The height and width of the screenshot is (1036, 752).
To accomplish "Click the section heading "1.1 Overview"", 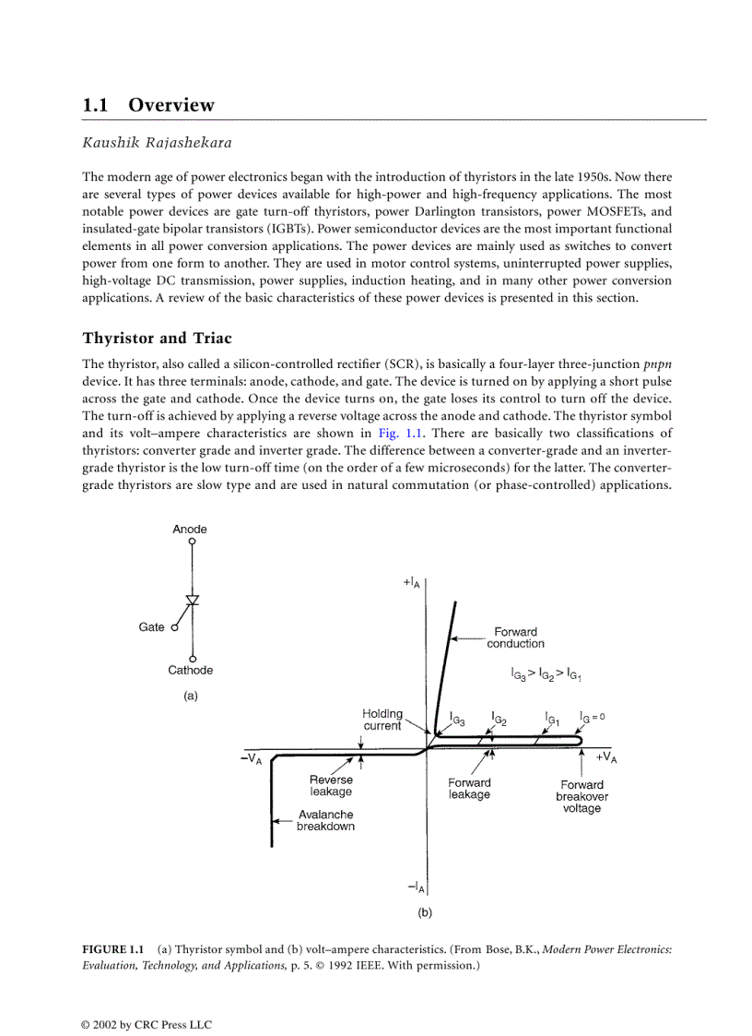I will pos(148,105).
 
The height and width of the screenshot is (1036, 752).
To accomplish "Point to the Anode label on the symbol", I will pos(190,530).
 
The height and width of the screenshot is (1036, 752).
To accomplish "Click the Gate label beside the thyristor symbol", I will pos(151,627).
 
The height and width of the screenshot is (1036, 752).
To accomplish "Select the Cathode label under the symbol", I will pos(190,671).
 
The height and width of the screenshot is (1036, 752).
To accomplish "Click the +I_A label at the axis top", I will pos(413,582).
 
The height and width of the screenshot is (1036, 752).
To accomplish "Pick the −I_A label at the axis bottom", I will pos(416,887).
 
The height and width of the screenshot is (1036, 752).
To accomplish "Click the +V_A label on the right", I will pos(605,757).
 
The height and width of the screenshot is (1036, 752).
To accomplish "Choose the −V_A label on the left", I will pos(251,758).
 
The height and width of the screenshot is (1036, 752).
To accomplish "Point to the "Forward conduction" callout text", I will pos(515,637).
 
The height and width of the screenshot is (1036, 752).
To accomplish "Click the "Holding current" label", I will pos(382,720).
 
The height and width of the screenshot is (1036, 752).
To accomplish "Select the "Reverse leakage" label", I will pos(331,785).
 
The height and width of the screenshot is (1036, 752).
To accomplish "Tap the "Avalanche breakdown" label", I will pos(325,820).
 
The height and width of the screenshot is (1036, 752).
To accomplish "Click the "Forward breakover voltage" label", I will pos(582,796).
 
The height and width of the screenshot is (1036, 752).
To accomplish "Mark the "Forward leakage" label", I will pos(469,789).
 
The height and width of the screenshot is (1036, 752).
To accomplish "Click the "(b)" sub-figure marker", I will pos(425,912).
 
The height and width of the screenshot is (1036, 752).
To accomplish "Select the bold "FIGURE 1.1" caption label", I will pos(114,949).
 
